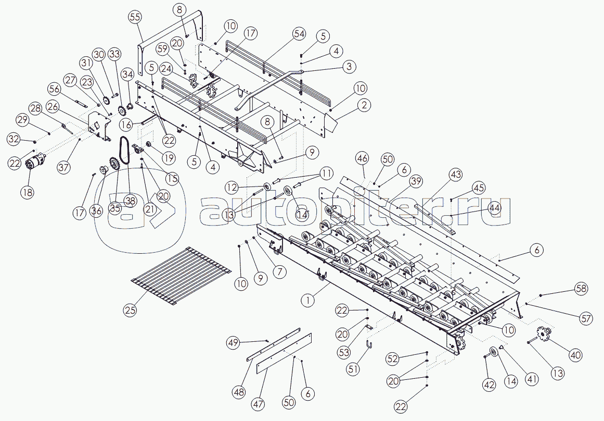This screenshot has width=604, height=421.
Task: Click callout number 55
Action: pos(135,17)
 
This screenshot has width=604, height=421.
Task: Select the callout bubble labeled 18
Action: pos(27,192)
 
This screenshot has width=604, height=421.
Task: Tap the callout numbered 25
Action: pos(130,310)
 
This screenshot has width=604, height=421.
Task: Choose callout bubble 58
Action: pos(582,288)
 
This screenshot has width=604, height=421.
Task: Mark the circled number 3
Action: pos(349,66)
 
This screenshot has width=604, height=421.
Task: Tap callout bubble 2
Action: pos(365,105)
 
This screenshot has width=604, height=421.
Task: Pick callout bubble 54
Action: pos(299,34)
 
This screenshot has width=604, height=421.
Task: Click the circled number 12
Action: pos(232,187)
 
